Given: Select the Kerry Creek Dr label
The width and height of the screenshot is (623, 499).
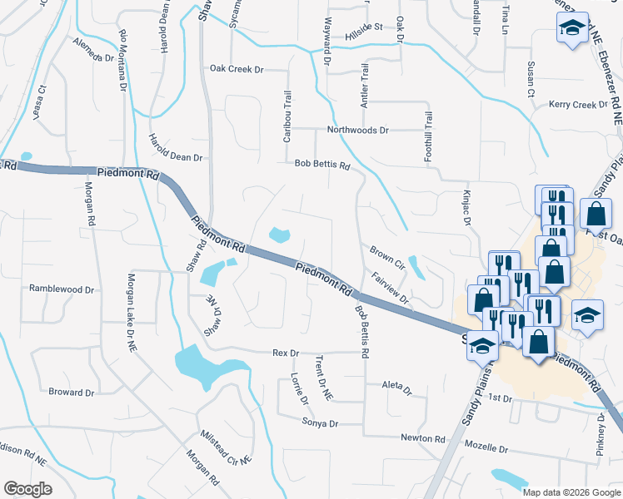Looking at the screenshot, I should pos(578,105).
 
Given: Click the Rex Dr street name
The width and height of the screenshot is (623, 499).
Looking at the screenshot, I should pos(285,353).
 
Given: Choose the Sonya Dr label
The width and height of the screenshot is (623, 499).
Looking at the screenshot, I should pos(321,423).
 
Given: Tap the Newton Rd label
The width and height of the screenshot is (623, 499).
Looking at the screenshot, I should pos(417,438).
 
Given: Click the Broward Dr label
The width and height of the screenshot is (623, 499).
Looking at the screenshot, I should pos(71,392).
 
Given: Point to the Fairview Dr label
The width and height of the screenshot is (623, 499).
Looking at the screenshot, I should pos(390,289).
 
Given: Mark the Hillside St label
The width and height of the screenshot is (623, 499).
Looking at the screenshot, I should pos(363,27).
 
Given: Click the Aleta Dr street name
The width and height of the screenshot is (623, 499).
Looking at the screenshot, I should pos(396,388).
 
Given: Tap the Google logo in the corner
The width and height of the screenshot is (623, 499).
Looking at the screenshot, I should pos(27,489).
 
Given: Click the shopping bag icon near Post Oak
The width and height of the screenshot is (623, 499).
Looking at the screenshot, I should pos(597,215).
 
